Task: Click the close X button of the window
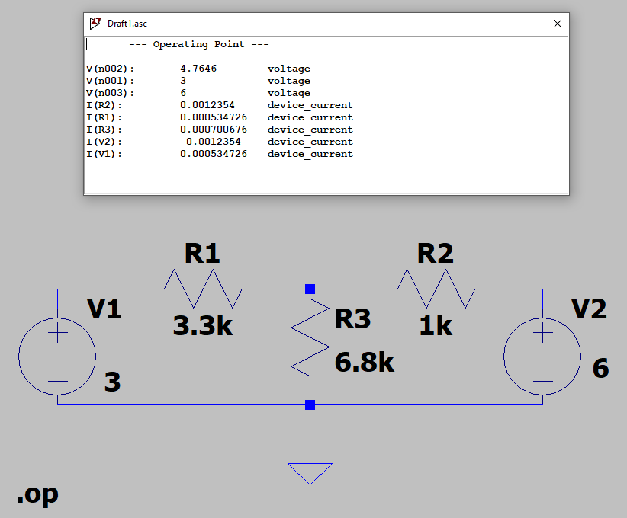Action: point(558,24)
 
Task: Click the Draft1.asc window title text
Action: point(127,24)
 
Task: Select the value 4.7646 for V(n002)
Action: point(198,69)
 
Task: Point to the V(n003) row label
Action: point(110,93)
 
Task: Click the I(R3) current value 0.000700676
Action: point(214,129)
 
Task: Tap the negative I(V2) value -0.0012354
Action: point(211,142)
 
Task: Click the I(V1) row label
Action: point(104,154)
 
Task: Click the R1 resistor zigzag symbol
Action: point(203,289)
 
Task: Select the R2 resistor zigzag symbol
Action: point(436,289)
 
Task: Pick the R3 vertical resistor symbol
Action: point(310,337)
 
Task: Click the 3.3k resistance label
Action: point(203,325)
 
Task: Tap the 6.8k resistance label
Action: point(365,363)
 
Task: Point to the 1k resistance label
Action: point(436,325)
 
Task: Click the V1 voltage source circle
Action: point(19,357)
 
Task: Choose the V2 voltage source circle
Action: point(504,357)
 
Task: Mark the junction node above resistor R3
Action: point(310,289)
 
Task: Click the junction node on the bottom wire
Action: point(310,405)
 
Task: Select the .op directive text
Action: point(37,494)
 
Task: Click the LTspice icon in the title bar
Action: point(95,23)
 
